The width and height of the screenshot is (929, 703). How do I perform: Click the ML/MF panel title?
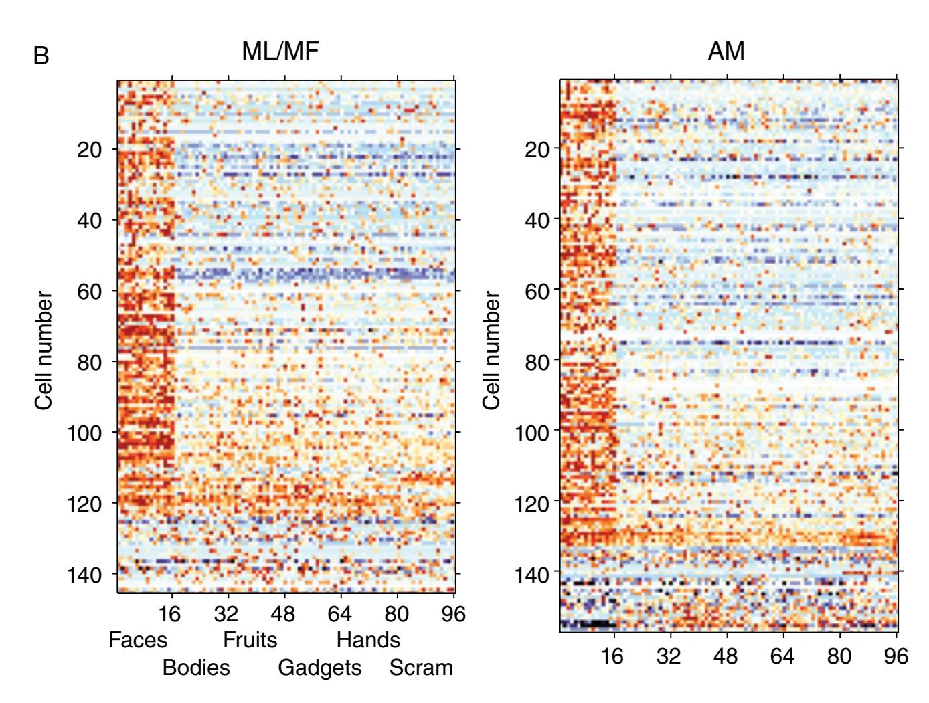pyautogui.click(x=280, y=51)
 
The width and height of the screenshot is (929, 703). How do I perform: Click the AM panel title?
pyautogui.click(x=726, y=51)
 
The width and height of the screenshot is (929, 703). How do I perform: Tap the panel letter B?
pyautogui.click(x=41, y=56)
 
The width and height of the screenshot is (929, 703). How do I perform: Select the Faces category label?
pyautogui.click(x=138, y=640)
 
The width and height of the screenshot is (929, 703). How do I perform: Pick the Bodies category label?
pyautogui.click(x=196, y=668)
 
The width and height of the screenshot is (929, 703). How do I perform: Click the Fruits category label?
pyautogui.click(x=250, y=640)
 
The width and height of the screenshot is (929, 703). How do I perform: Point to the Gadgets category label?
pyautogui.click(x=319, y=668)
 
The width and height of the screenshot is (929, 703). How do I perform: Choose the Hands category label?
pyautogui.click(x=368, y=640)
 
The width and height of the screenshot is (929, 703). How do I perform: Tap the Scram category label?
pyautogui.click(x=421, y=668)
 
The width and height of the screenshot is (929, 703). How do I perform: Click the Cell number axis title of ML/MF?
pyautogui.click(x=44, y=350)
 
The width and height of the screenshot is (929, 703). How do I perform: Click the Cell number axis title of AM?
pyautogui.click(x=491, y=350)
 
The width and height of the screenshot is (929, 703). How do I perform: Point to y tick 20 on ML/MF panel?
pyautogui.click(x=89, y=149)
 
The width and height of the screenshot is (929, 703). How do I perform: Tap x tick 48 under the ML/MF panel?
pyautogui.click(x=283, y=614)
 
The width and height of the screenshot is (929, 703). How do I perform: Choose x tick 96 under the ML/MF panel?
pyautogui.click(x=453, y=614)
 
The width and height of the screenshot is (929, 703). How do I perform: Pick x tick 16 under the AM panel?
pyautogui.click(x=612, y=656)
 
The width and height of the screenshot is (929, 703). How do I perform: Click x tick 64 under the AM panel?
pyautogui.click(x=782, y=656)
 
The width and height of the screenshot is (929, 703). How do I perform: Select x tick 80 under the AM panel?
pyautogui.click(x=839, y=656)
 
